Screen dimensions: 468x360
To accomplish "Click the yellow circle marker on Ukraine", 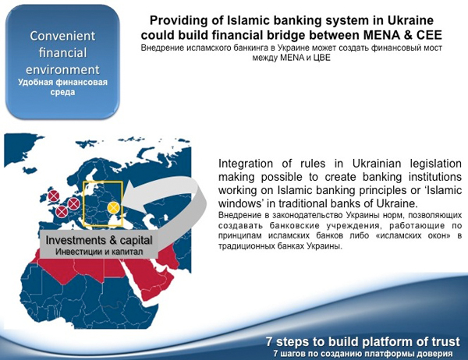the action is point(113,207).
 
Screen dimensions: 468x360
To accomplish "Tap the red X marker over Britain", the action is point(54,196).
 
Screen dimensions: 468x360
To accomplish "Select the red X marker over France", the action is point(62,212).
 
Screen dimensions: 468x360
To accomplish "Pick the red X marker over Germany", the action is point(74,204).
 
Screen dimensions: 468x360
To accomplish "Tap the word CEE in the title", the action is point(428,35).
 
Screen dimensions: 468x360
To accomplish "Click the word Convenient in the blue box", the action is point(62,36).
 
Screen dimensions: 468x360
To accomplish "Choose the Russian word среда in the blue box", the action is point(62,92).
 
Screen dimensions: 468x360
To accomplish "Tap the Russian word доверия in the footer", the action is point(436,354).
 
